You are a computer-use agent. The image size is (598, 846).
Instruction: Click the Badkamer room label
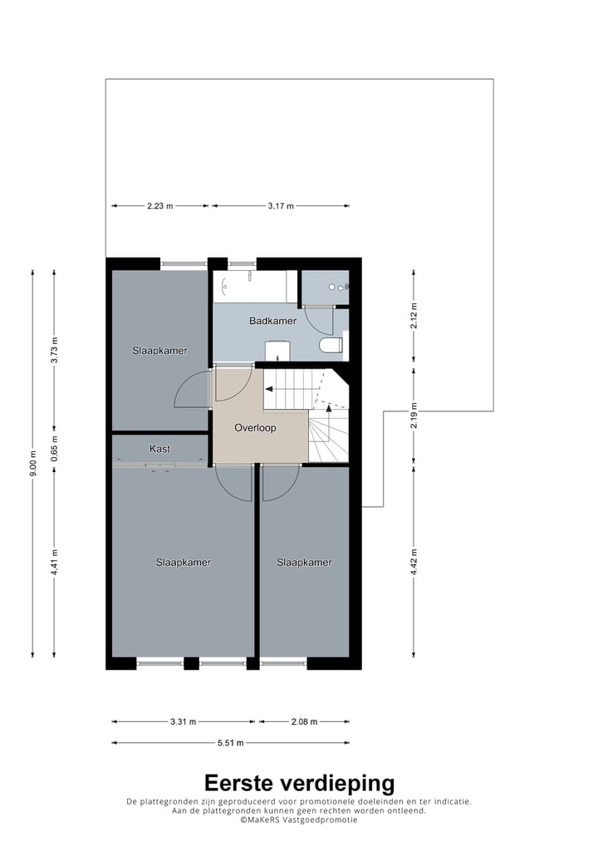[272, 321]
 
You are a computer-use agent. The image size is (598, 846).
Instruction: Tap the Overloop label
[254, 428]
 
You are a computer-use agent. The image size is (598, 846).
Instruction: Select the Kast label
[159, 449]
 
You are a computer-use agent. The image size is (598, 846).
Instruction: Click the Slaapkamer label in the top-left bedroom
[159, 351]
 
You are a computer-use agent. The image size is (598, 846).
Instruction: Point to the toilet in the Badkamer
[331, 345]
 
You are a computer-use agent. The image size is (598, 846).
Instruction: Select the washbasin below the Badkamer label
[277, 351]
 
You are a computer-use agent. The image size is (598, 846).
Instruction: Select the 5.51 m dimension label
[230, 743]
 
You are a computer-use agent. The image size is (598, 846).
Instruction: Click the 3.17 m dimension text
[281, 206]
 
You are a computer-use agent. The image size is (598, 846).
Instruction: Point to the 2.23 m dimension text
[160, 206]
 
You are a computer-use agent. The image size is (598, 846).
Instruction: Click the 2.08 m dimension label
[303, 722]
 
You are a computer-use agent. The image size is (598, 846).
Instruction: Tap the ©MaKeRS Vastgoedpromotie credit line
[299, 819]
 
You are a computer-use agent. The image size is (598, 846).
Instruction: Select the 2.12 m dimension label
[414, 317]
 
